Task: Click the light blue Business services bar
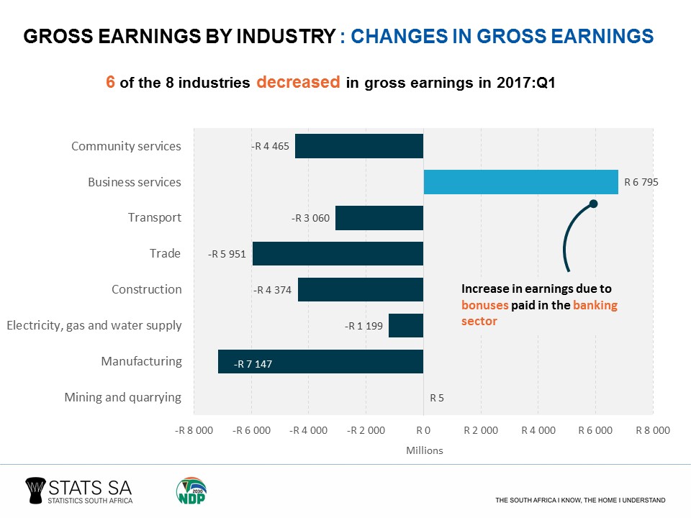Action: point(520,182)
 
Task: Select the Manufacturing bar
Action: point(320,361)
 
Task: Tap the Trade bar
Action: point(338,253)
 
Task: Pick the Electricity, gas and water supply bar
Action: point(406,325)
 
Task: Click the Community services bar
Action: point(359,146)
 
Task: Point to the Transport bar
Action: point(379,218)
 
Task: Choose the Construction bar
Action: point(361,289)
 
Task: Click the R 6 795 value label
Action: point(641,183)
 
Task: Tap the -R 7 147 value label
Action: point(253,365)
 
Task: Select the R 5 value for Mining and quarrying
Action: point(436,397)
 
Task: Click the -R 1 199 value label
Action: point(363,326)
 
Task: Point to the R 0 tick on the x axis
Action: point(423,430)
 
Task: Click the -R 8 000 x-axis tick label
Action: point(194,430)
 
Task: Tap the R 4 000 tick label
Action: point(538,430)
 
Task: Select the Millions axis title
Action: point(424,450)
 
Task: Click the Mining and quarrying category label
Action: point(122,397)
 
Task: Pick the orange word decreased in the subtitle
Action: point(298,82)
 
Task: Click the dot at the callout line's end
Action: point(594,204)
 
